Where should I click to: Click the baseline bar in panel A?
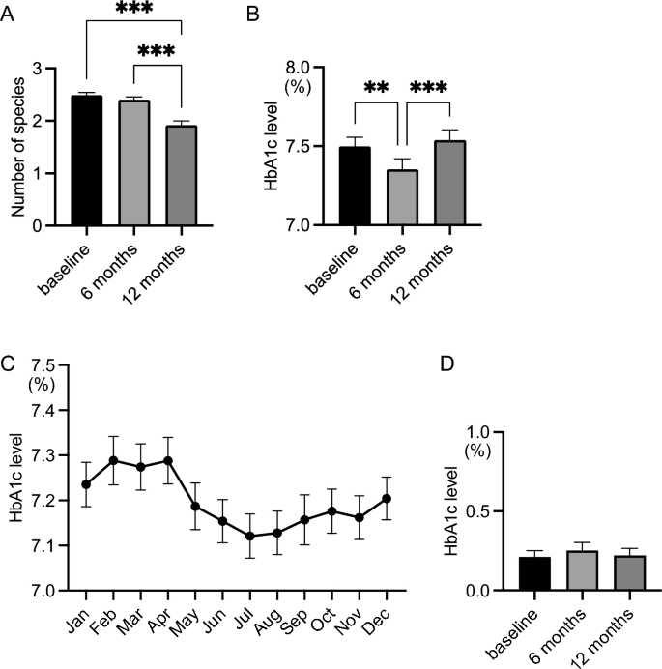point(87,160)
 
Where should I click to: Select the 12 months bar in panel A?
point(182,175)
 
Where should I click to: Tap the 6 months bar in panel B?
point(402,197)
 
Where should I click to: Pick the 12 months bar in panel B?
point(450,183)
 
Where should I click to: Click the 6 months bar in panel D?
point(582,570)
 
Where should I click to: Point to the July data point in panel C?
point(250,536)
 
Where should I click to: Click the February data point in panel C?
point(113,460)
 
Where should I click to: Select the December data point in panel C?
point(387,498)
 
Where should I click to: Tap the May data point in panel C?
point(195,507)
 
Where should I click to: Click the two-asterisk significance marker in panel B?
point(376,87)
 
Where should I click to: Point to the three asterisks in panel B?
point(429,87)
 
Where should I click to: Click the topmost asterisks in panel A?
point(134,8)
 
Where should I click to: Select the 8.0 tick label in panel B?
point(298,68)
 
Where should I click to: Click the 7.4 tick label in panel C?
point(43,411)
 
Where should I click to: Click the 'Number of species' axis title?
point(17,147)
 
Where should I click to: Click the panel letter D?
point(446,364)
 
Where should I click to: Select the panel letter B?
point(252,15)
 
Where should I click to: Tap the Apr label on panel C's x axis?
point(159,621)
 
